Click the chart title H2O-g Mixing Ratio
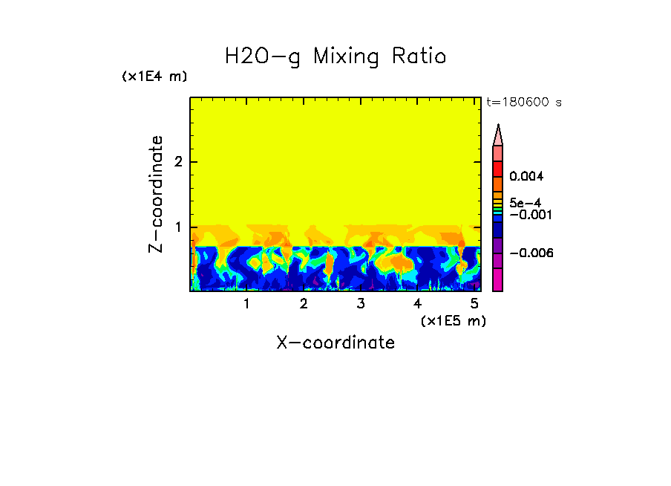pos(335,56)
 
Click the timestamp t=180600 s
pos(523,103)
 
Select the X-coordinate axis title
pos(335,343)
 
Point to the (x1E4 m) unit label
pos(154,77)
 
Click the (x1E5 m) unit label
pos(453,320)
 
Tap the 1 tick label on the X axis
pos(246,304)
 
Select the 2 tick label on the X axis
pos(304,304)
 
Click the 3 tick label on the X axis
pos(360,304)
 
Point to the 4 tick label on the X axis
pos(417,304)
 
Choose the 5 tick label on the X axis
pos(474,304)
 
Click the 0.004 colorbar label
pos(527,177)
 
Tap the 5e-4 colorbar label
pos(526,203)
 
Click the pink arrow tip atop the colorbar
pos(498,135)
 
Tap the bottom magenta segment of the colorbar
pos(498,279)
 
